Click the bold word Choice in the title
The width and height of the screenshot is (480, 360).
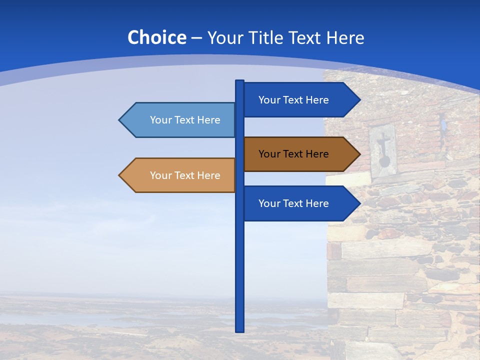coord(156,37)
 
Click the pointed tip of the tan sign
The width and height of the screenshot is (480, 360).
coord(120,175)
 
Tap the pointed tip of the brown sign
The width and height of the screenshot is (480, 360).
coord(359,154)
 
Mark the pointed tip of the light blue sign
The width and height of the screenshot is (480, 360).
coord(120,120)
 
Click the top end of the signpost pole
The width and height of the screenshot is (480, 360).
coord(239,82)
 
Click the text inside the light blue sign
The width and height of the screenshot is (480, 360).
coord(185,120)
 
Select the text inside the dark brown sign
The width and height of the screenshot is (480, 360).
coord(293,154)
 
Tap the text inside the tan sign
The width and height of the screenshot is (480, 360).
coord(185,175)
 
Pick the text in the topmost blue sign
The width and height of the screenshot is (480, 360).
coord(293,100)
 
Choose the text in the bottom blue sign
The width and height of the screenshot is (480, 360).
coord(293,203)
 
